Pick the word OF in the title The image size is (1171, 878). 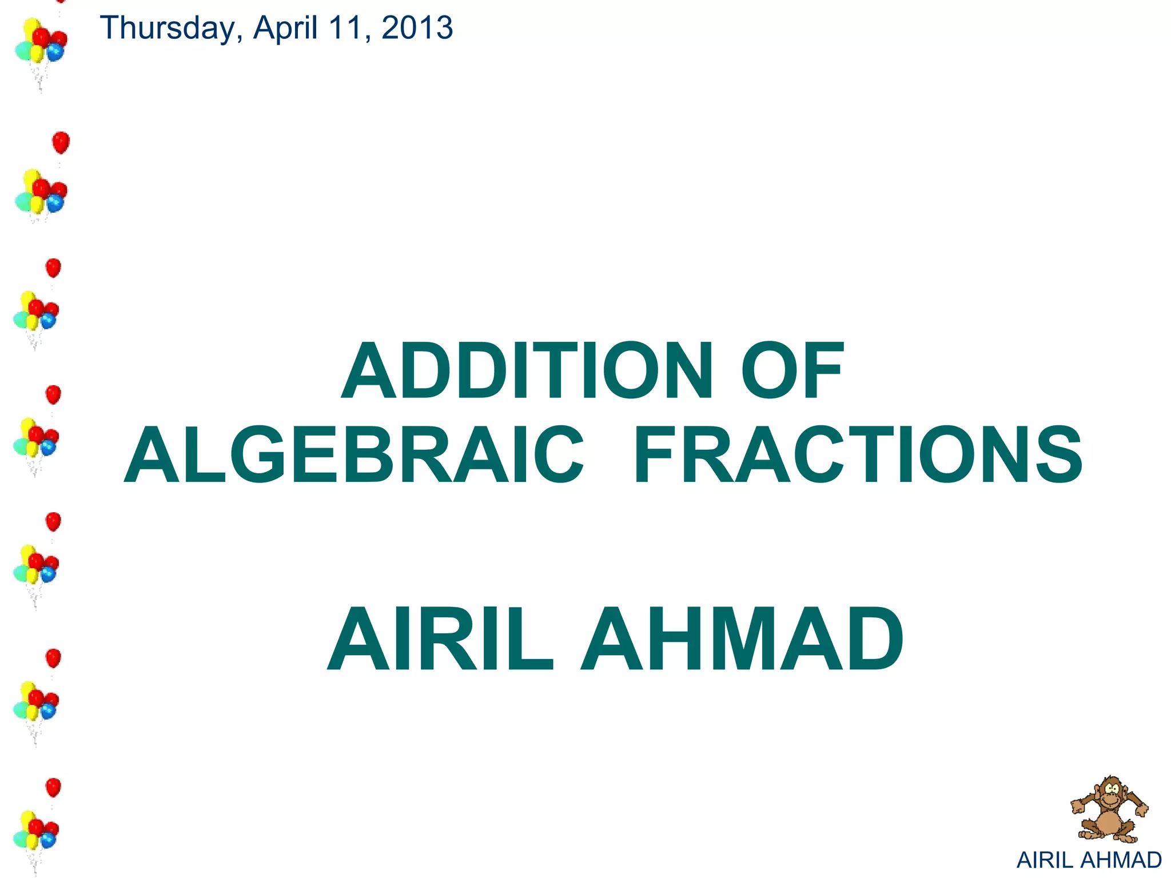click(792, 371)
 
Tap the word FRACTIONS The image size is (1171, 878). click(858, 455)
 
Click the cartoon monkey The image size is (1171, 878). click(1109, 809)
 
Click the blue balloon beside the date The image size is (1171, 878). click(55, 53)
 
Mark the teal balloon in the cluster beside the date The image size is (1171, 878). click(23, 51)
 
